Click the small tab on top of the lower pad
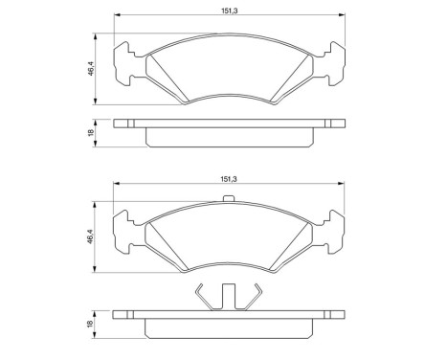(228, 200)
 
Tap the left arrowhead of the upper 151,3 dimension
(117, 15)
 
